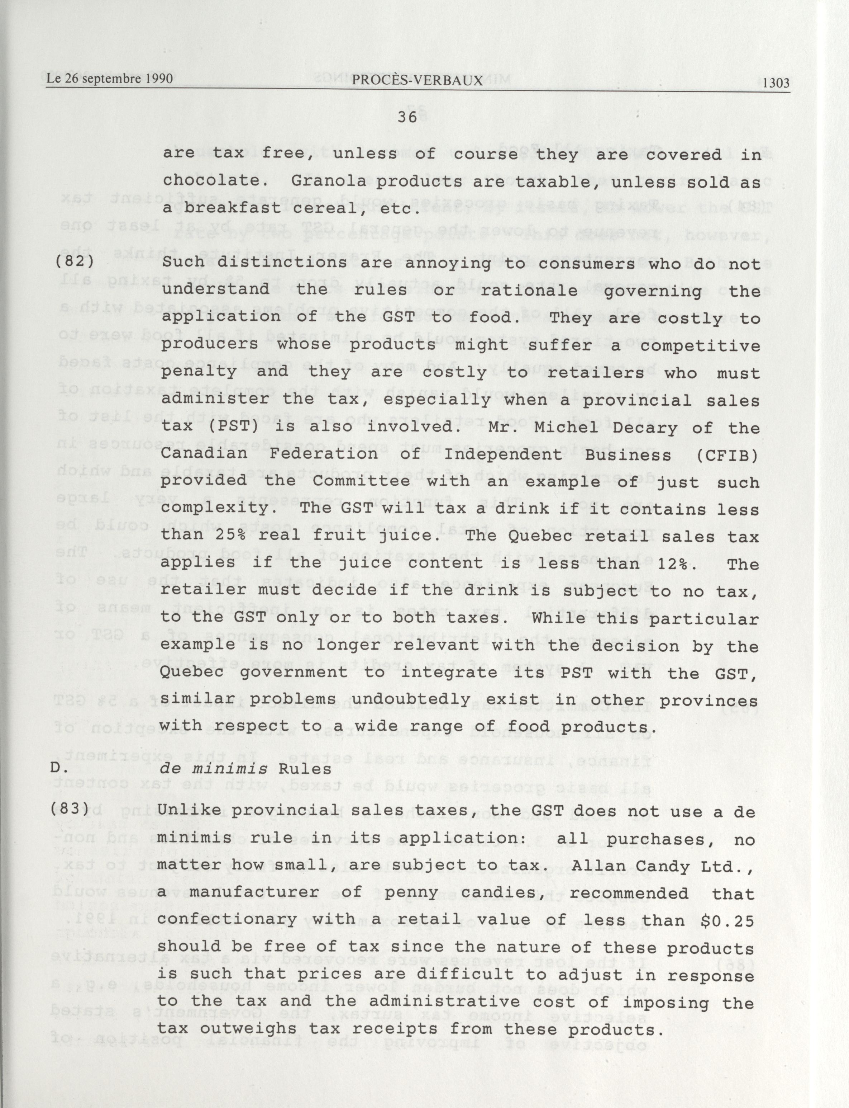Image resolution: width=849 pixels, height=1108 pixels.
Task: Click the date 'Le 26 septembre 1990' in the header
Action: point(110,79)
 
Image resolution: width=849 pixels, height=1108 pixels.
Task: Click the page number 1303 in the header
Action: point(776,83)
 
